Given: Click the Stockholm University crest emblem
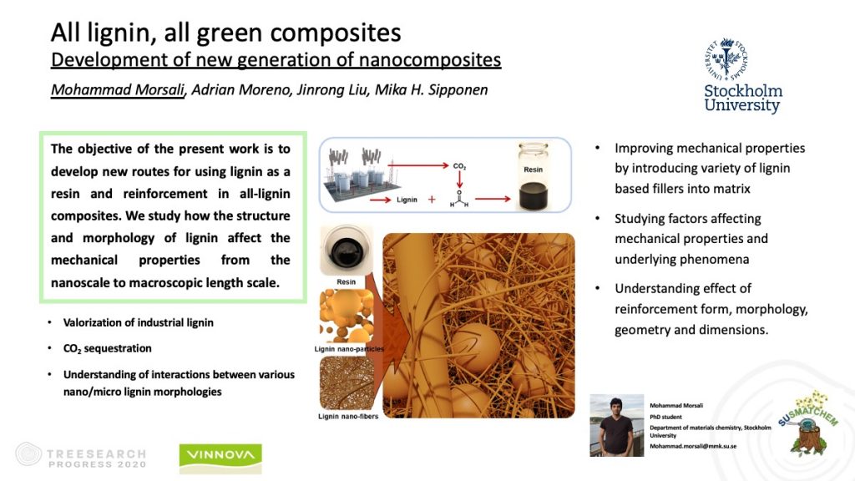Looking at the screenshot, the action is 726,59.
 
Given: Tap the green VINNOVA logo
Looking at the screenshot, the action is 220,458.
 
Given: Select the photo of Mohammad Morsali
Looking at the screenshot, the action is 617,425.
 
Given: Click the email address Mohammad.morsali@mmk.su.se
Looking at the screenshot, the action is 692,446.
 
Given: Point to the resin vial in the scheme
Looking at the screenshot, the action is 533,176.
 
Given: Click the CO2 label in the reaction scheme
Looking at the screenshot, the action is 459,166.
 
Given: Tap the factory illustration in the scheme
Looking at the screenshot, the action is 354,172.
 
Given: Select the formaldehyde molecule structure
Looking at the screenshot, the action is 459,199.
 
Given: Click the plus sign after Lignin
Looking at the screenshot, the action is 432,200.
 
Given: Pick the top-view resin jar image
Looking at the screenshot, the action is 347,251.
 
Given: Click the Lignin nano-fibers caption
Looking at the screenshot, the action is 348,416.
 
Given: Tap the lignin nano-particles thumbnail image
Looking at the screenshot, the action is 347,316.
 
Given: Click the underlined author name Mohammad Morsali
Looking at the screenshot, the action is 118,89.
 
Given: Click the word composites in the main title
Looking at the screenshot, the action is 336,33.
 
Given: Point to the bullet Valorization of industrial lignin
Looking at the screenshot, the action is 139,322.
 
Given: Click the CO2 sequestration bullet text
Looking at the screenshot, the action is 108,348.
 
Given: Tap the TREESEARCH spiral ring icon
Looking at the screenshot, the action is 28,453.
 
